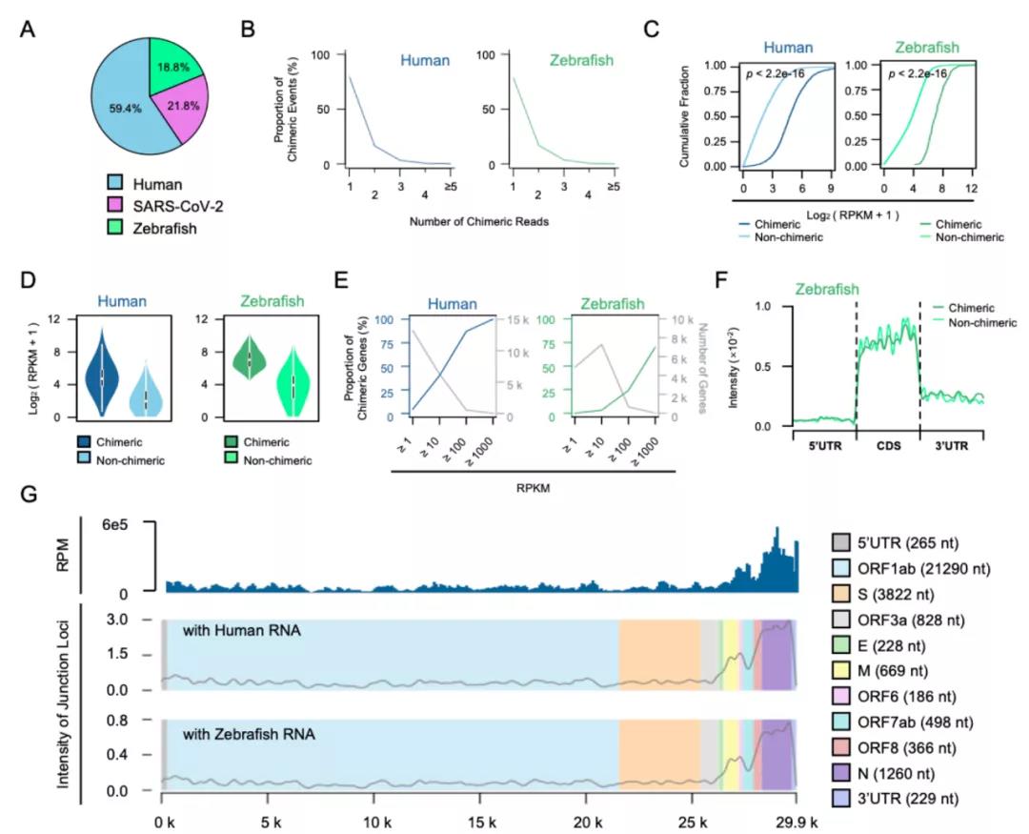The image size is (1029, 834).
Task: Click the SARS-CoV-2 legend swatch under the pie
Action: (117, 209)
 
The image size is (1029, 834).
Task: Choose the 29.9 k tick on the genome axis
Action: (792, 819)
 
